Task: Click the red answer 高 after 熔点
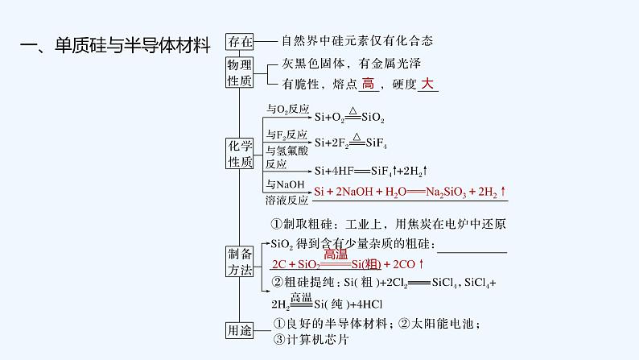coord(369,84)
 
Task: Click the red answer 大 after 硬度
coord(427,84)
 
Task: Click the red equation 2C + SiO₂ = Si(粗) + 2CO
coord(347,264)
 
